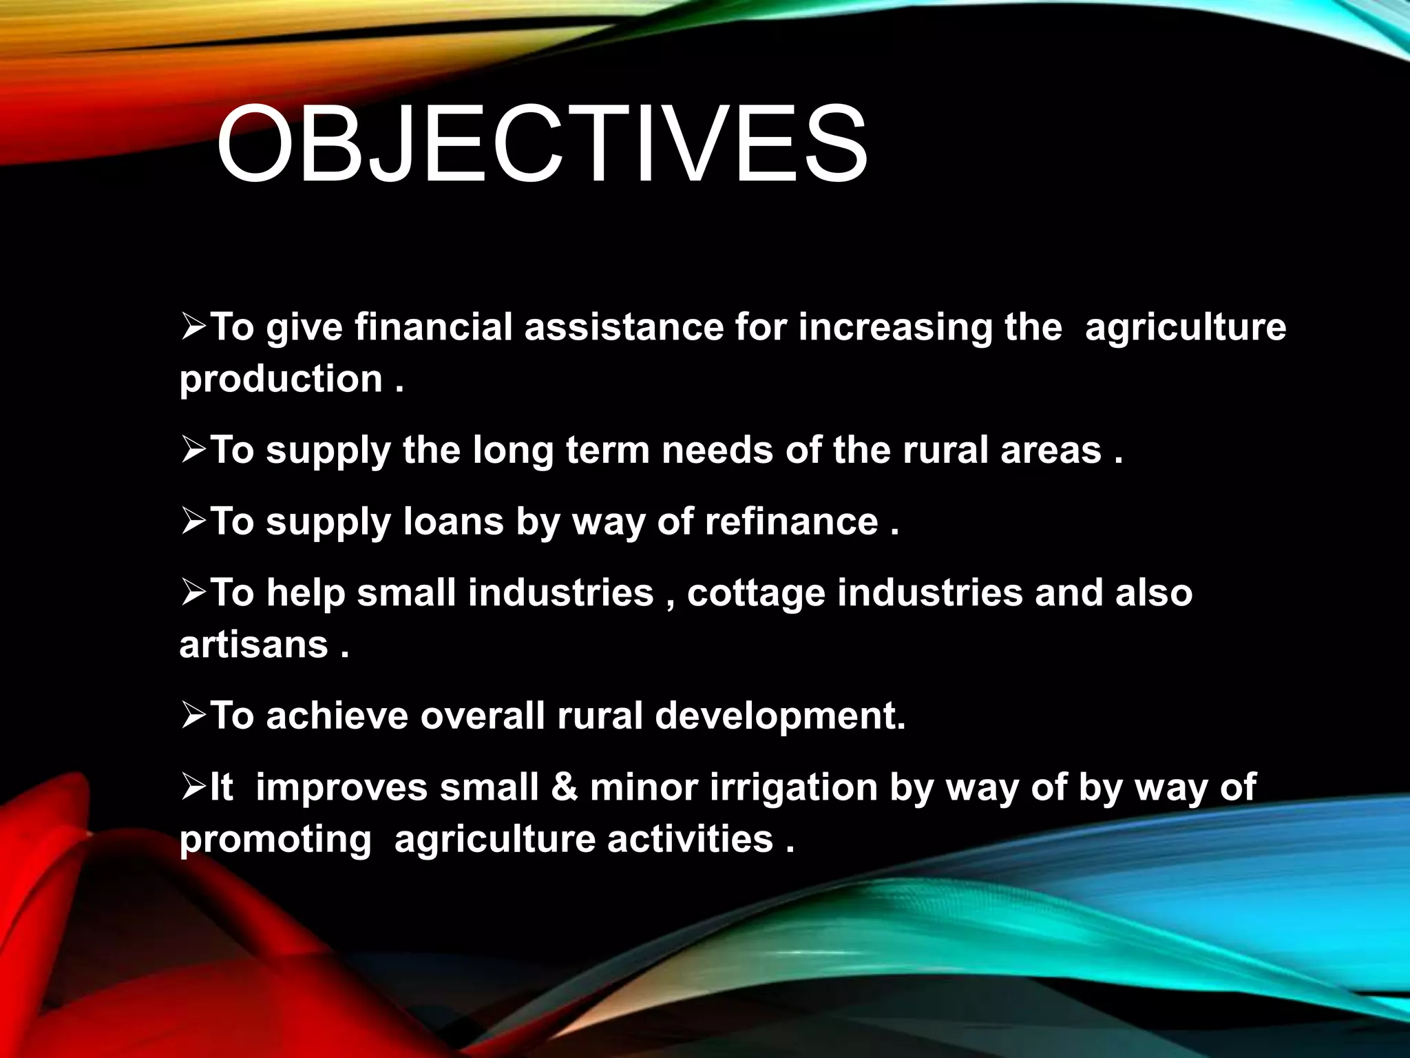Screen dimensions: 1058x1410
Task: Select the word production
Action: pos(281,380)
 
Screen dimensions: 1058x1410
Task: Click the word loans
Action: pos(454,521)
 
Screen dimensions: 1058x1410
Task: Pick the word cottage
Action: pos(756,593)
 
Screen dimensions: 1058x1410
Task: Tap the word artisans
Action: pos(253,645)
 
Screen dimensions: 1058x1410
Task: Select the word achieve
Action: pos(337,716)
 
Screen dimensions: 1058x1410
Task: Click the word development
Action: pos(779,716)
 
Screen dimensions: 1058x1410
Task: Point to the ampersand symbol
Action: pos(565,787)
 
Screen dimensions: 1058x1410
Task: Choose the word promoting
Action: pos(275,840)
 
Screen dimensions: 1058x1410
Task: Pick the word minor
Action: pos(644,787)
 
